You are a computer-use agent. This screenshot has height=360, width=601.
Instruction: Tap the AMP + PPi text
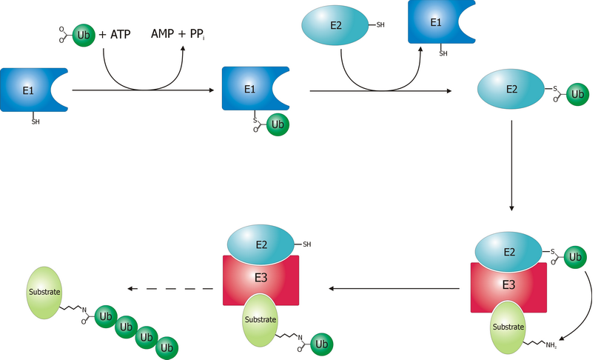tap(181, 35)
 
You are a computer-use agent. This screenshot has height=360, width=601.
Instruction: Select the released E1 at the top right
tap(436, 25)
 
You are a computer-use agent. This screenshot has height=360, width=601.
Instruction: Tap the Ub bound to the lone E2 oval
tap(577, 95)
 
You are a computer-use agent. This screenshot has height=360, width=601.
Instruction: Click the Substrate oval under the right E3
tap(509, 326)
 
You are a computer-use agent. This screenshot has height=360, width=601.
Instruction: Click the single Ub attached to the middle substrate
tap(321, 344)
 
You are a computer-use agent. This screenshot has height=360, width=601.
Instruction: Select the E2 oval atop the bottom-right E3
tap(509, 253)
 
